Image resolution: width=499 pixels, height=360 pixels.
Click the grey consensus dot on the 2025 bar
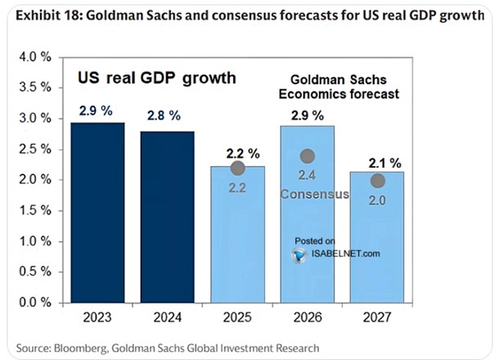click(238, 168)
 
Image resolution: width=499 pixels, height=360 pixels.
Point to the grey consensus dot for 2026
click(308, 155)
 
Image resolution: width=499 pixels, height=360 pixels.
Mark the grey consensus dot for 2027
click(377, 181)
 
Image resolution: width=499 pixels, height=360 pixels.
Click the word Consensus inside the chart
click(314, 195)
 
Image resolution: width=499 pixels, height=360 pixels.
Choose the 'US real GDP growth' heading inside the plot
click(156, 78)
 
